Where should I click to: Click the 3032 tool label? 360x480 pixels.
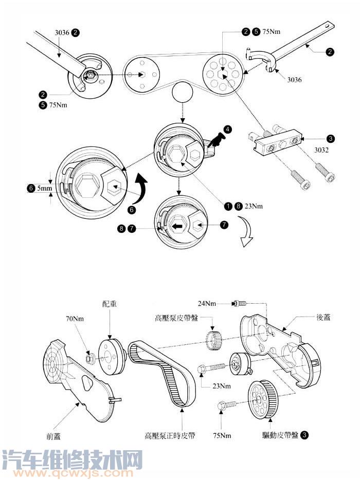click(321, 150)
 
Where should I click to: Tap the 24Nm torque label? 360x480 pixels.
click(207, 304)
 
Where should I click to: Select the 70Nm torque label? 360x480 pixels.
click(75, 319)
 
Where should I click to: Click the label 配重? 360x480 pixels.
click(110, 304)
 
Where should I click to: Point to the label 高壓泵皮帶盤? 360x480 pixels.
click(177, 318)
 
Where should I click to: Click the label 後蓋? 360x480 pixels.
click(323, 317)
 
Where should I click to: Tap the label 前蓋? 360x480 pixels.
click(53, 436)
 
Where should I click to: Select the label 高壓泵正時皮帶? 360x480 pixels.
click(170, 435)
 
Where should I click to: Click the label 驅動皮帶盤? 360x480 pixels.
click(280, 435)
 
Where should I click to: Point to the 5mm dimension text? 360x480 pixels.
click(45, 188)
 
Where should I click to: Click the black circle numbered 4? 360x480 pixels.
click(227, 129)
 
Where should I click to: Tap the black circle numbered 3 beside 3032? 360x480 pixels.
click(331, 139)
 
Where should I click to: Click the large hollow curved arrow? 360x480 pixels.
click(246, 231)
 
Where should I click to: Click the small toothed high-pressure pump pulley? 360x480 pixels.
click(213, 340)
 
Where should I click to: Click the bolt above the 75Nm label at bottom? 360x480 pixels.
click(227, 405)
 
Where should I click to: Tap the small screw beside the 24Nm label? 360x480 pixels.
click(240, 304)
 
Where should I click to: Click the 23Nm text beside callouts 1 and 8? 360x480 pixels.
click(254, 206)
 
